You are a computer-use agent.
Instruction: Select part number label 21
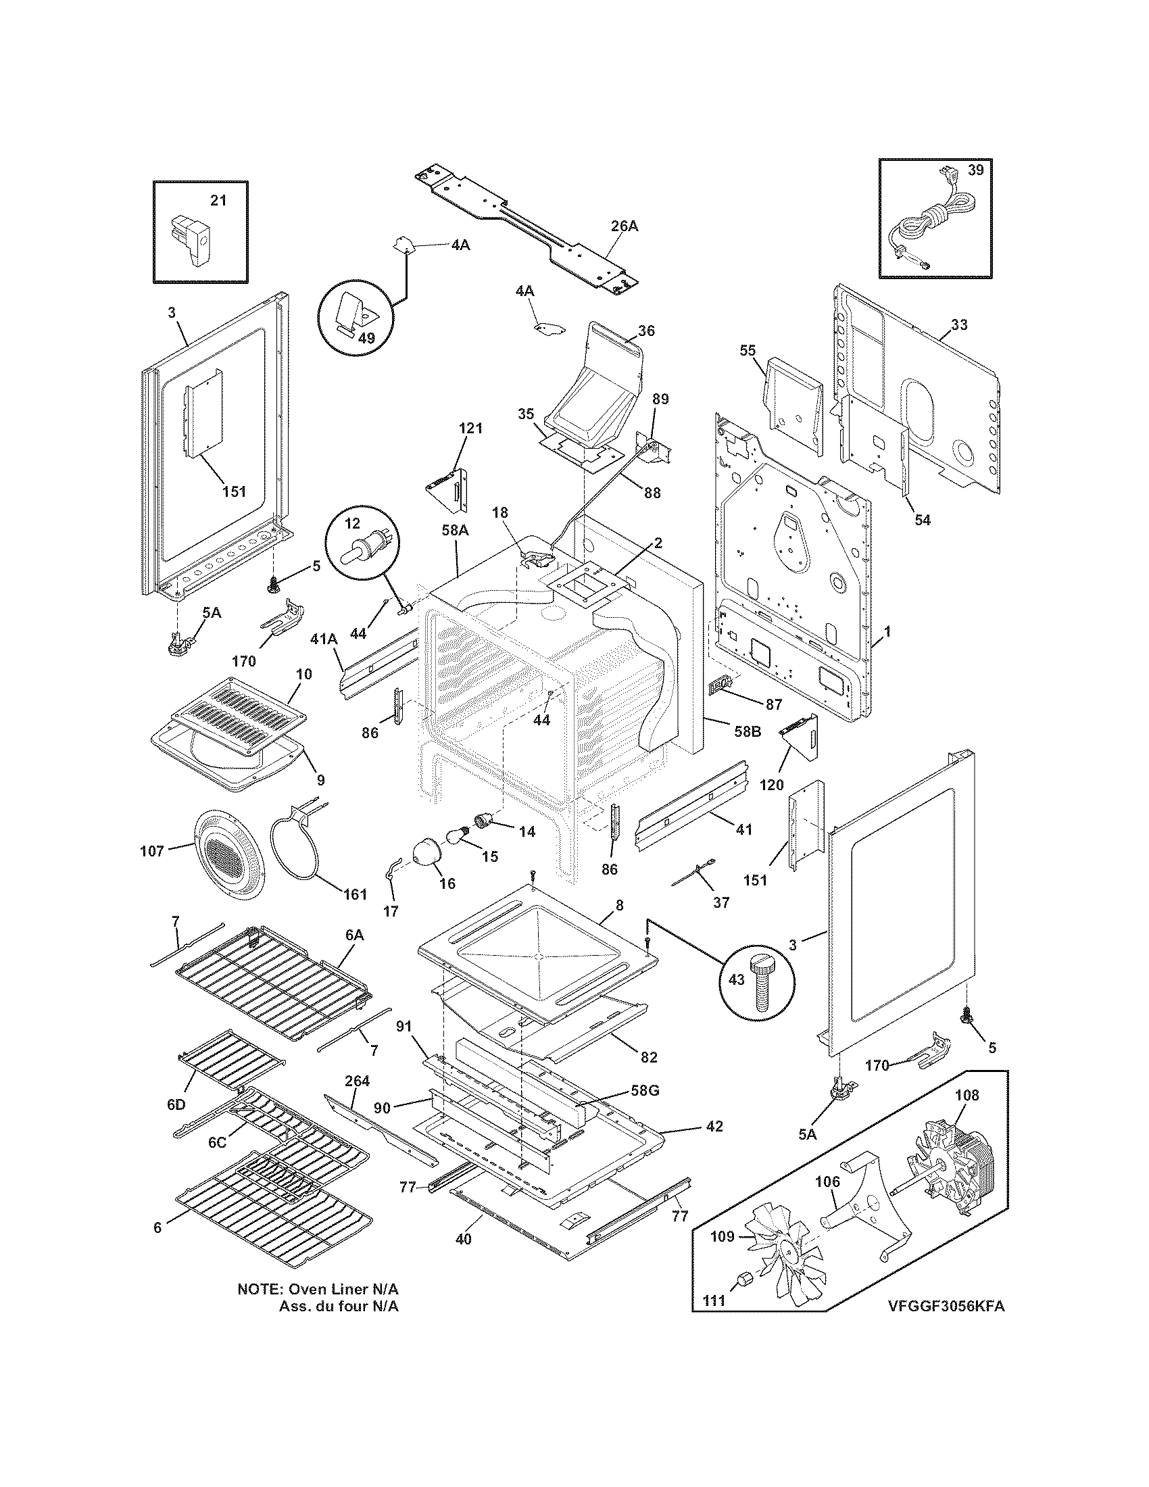[x=218, y=200]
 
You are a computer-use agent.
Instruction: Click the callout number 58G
[x=645, y=1090]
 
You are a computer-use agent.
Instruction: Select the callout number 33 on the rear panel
[x=958, y=324]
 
